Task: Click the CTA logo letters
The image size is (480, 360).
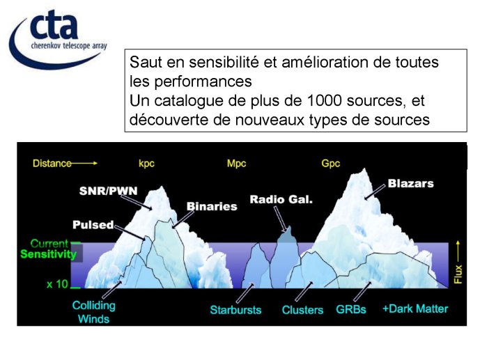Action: pos(54,24)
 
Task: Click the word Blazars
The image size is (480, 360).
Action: pos(410,184)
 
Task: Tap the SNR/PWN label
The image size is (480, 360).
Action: pos(109,191)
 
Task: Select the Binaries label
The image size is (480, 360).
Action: pos(212,206)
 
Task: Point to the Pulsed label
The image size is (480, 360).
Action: pos(93,225)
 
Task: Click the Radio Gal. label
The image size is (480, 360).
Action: pos(281,199)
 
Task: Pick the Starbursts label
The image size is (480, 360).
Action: pos(235,310)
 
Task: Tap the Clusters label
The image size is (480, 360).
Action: pos(302,310)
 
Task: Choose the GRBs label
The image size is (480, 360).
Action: pos(351,310)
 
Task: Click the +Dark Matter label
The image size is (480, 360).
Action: pos(415,308)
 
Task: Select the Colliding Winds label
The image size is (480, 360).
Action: pos(93,312)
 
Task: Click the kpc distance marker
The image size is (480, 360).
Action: pos(146,164)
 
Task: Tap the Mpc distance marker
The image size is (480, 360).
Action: pos(236,164)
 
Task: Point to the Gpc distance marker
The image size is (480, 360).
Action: pos(331,164)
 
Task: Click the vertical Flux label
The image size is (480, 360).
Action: pos(458,274)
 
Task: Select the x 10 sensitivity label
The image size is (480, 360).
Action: pos(57,284)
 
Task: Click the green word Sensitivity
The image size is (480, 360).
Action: pos(48,254)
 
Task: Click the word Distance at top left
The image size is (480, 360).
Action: pos(52,164)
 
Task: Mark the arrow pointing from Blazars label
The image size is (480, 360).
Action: pos(375,191)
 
